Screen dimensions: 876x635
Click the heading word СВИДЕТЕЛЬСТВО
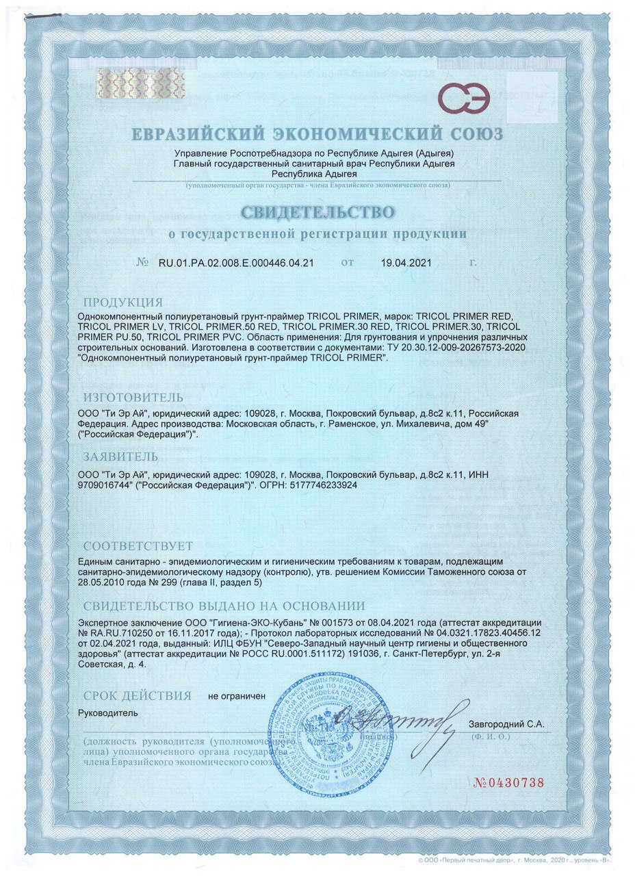click(317, 208)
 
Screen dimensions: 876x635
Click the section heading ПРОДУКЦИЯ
click(122, 302)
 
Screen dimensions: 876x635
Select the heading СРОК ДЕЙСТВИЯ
click(136, 696)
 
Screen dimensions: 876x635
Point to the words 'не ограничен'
click(236, 696)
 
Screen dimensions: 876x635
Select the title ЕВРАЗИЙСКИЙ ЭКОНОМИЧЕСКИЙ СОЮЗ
click(317, 132)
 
